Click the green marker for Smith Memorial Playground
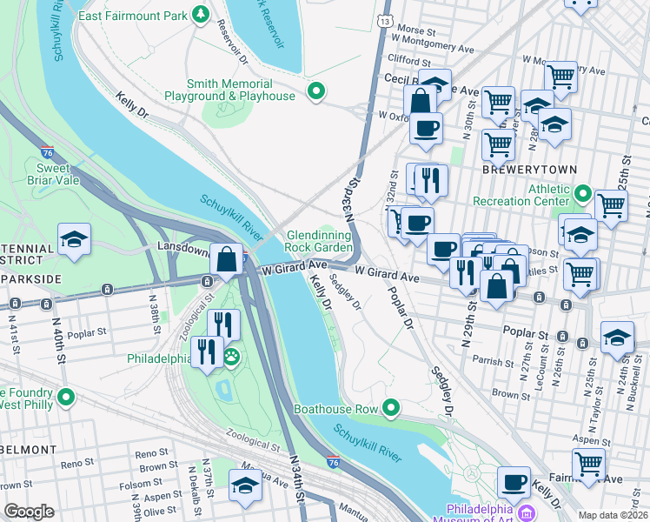coord(316,90)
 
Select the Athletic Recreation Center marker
coord(583,193)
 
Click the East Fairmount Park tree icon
coord(201,15)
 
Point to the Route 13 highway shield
coord(385,19)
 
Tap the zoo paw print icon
coord(232,357)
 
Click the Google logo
coord(29,512)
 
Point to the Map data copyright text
coord(613,515)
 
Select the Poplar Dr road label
coord(400,308)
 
